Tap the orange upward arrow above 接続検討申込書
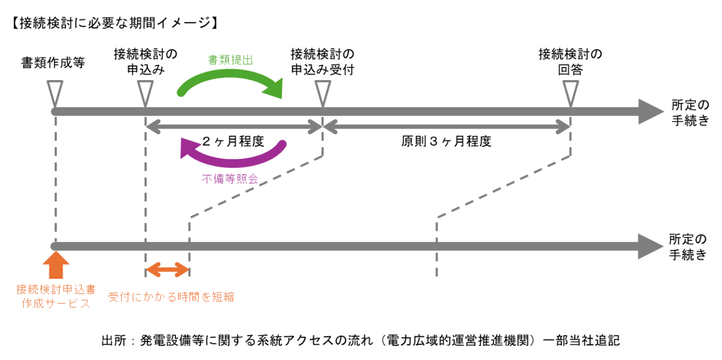[55, 265]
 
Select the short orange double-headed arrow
[167, 270]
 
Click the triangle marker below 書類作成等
[55, 91]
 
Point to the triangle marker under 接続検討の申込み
[146, 91]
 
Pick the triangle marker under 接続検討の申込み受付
[323, 91]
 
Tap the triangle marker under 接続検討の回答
[571, 91]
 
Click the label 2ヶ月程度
[233, 142]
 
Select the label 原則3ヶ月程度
[446, 142]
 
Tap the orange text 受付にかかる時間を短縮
[171, 297]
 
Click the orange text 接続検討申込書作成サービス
[55, 296]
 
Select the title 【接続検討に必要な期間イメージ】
[113, 23]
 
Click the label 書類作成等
[53, 63]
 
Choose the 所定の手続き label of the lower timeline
[688, 247]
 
